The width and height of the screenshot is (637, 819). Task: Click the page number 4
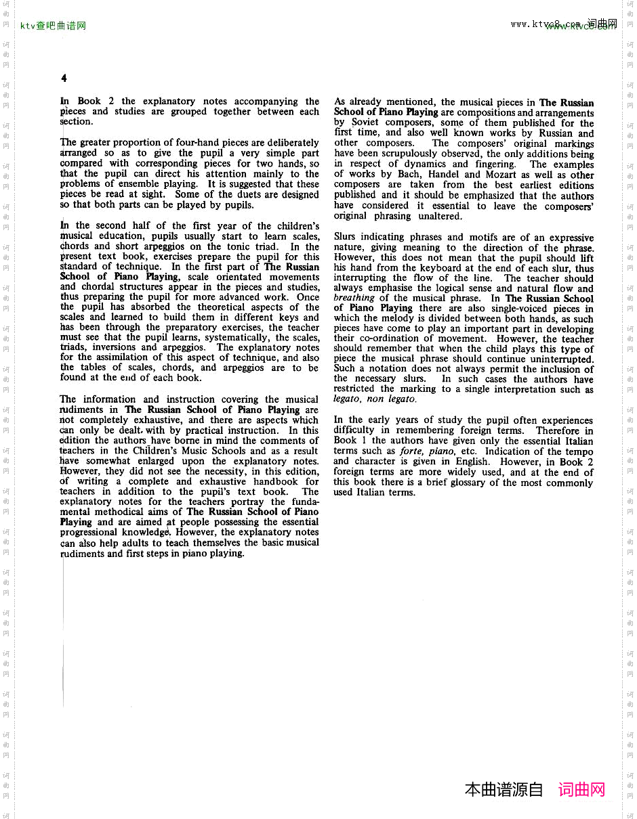click(64, 79)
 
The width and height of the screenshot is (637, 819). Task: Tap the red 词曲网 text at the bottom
click(581, 789)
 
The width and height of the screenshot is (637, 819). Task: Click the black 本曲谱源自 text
click(504, 789)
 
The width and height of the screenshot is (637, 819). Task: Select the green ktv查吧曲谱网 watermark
click(53, 26)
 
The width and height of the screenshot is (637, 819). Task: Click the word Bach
click(409, 175)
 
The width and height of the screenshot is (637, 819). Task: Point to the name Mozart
click(500, 175)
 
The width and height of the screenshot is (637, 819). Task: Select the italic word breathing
click(354, 298)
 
